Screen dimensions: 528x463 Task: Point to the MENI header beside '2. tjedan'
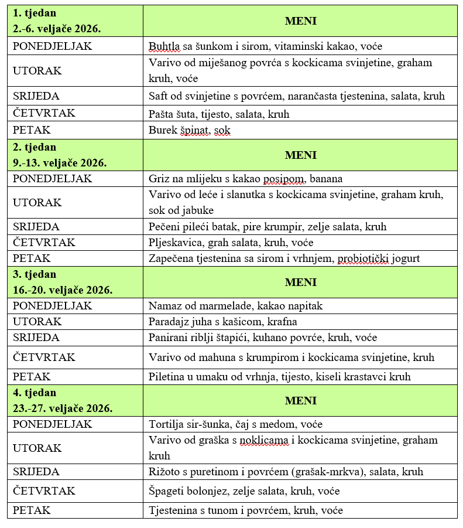(x=300, y=155)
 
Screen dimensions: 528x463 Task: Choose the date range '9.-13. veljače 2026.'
(x=60, y=162)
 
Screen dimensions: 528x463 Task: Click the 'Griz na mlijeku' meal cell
(x=245, y=178)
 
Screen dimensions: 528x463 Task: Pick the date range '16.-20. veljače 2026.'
(x=63, y=289)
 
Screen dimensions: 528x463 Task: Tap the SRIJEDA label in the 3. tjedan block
(x=36, y=338)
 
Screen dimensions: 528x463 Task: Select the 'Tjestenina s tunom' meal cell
(x=245, y=510)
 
